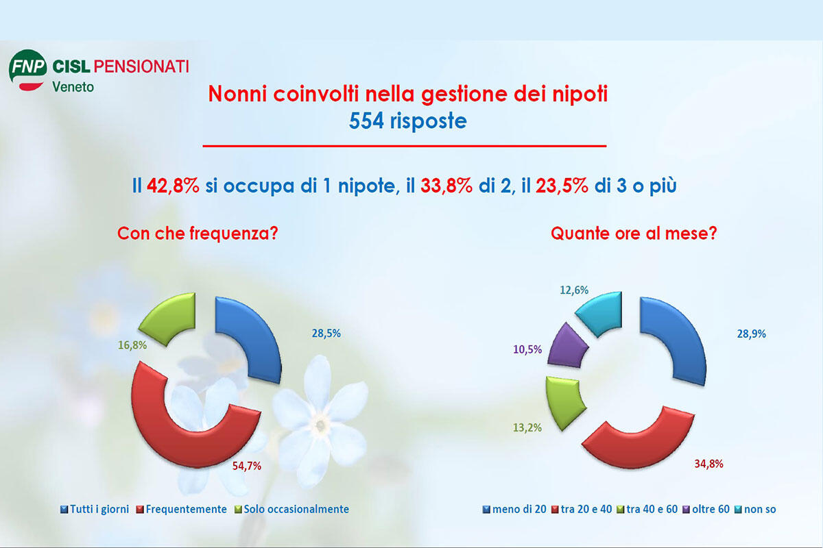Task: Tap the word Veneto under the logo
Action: (x=73, y=87)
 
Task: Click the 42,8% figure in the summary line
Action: (x=173, y=186)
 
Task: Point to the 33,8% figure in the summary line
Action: (x=446, y=186)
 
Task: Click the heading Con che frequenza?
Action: (x=197, y=233)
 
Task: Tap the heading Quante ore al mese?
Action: (x=634, y=233)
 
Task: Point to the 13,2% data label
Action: (x=529, y=428)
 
